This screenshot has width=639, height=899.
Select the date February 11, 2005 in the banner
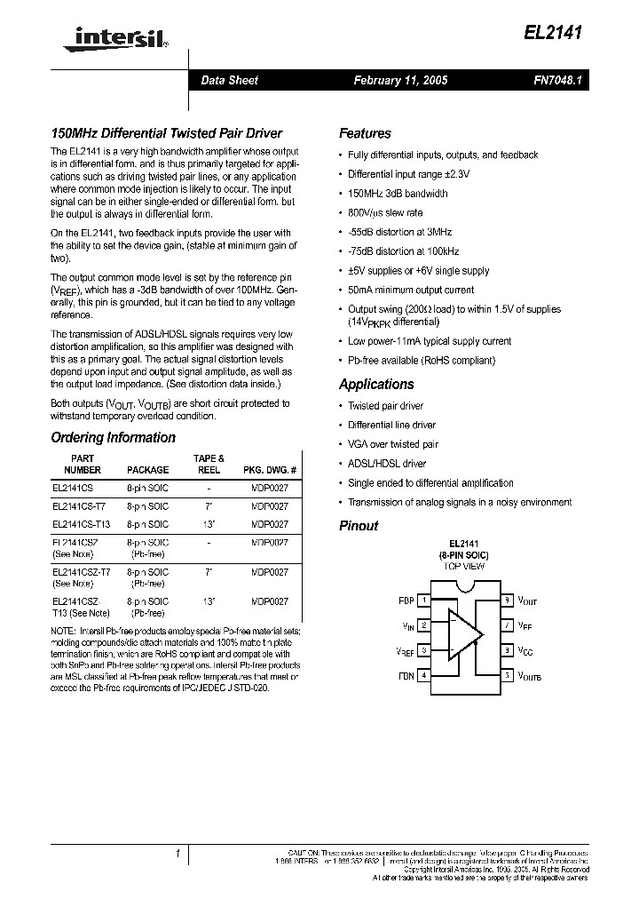pyautogui.click(x=400, y=80)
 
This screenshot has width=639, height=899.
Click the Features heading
pyautogui.click(x=365, y=134)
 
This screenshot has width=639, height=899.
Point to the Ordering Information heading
pyautogui.click(x=113, y=438)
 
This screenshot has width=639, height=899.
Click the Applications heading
pyautogui.click(x=376, y=385)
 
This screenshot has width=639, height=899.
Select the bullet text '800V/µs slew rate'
pyautogui.click(x=385, y=213)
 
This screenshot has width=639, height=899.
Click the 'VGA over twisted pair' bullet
pyautogui.click(x=393, y=444)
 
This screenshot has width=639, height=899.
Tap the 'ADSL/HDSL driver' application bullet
pyautogui.click(x=387, y=464)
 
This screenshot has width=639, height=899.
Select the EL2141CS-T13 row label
pyautogui.click(x=81, y=524)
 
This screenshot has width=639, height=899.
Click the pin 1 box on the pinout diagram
pyautogui.click(x=424, y=601)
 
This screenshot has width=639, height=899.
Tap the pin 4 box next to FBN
pyautogui.click(x=424, y=675)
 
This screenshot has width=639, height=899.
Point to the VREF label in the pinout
pyautogui.click(x=405, y=652)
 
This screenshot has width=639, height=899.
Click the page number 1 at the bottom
pyautogui.click(x=177, y=854)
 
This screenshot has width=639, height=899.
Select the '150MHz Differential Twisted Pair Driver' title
pyautogui.click(x=166, y=134)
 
